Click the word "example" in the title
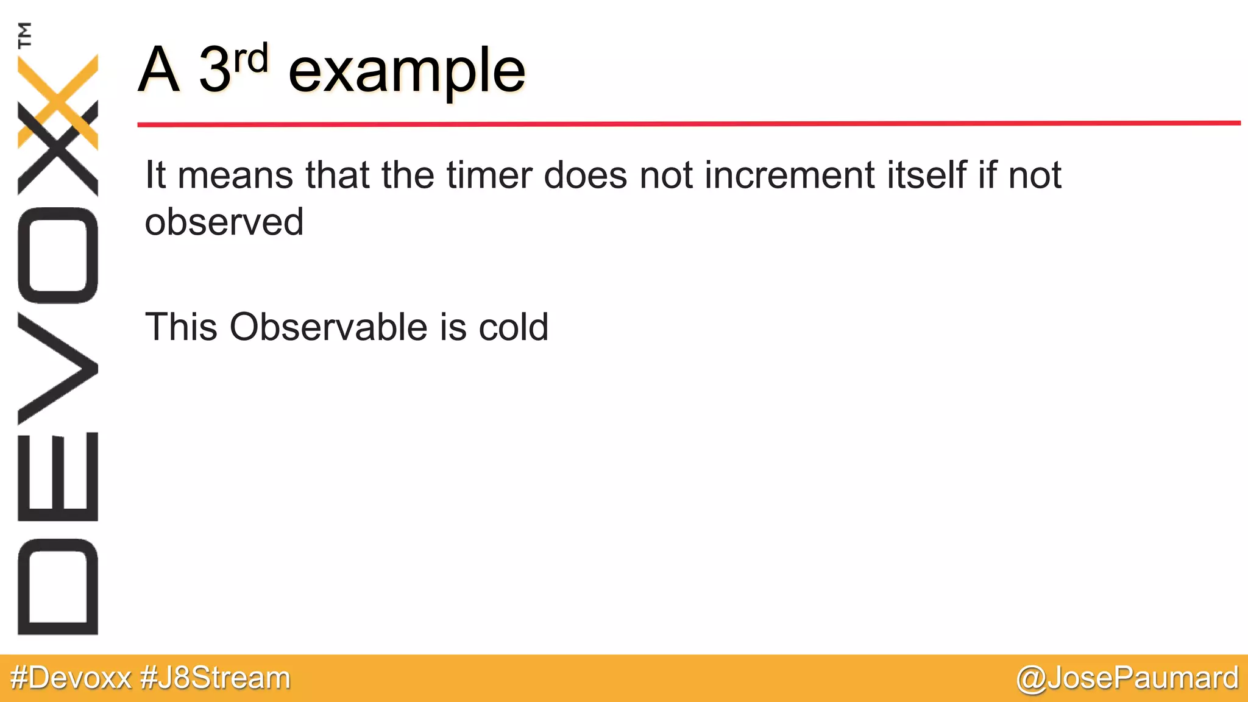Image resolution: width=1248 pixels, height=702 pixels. click(x=406, y=72)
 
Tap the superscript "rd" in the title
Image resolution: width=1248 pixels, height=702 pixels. click(x=250, y=59)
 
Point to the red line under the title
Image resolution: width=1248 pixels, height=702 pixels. click(x=689, y=124)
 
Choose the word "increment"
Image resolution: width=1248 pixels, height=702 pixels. click(x=790, y=175)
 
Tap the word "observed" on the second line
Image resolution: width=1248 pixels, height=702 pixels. click(x=224, y=222)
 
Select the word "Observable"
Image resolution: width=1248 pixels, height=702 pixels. click(x=329, y=327)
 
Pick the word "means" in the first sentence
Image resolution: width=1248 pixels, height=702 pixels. click(x=236, y=175)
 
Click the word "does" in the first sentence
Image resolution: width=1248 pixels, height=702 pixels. click(x=585, y=175)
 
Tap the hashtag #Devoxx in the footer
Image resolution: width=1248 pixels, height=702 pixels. click(x=71, y=678)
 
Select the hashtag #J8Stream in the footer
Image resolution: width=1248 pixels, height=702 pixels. click(x=216, y=678)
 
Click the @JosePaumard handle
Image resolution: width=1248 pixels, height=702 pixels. click(x=1127, y=678)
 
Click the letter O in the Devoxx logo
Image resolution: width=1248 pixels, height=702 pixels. click(x=58, y=255)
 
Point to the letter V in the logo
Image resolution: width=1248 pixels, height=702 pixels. click(x=58, y=369)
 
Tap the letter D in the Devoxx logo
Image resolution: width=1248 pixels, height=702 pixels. click(x=58, y=587)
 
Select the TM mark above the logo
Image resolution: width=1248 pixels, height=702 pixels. click(x=24, y=35)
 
